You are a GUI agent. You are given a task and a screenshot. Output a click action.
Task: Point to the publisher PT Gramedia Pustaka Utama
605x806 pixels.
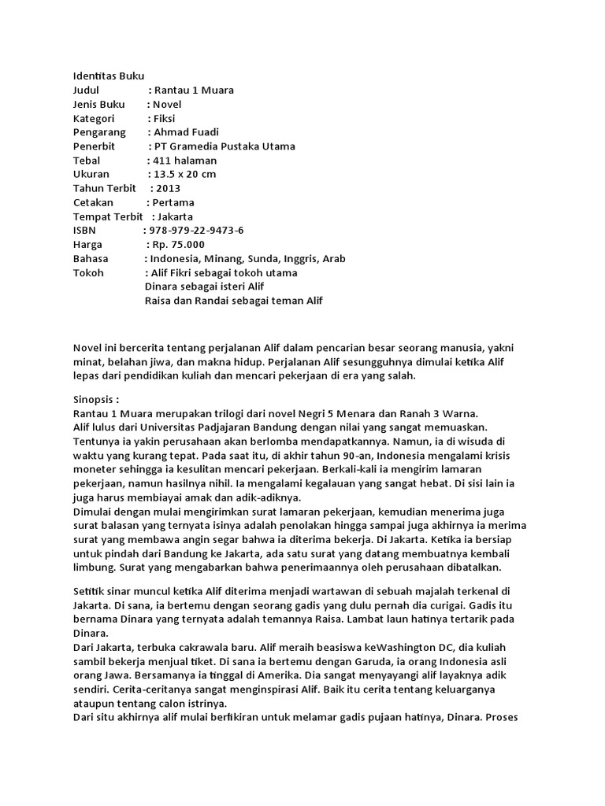coord(227,146)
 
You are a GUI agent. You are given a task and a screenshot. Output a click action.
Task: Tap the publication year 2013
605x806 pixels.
coord(169,188)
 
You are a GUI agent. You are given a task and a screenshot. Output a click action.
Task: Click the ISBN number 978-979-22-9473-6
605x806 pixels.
coord(196,230)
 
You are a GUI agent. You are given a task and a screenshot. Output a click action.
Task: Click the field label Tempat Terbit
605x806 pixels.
coord(108,216)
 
